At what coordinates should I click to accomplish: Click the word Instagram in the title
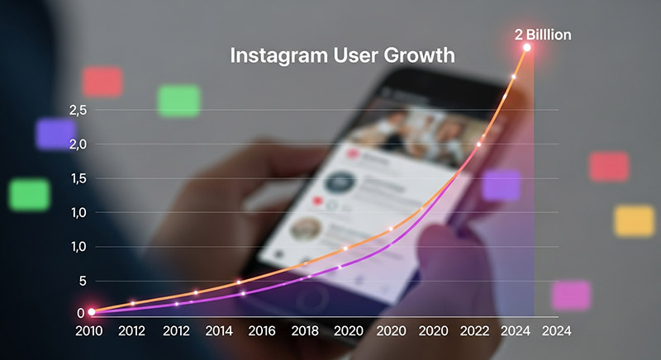[x=278, y=55]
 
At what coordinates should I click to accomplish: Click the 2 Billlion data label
[x=543, y=35]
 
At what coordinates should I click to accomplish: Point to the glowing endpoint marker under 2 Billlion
[x=527, y=48]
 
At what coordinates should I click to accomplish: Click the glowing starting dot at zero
[x=92, y=312]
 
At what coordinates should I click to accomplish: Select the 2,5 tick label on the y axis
[x=78, y=111]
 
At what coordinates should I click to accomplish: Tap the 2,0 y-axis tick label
[x=78, y=144]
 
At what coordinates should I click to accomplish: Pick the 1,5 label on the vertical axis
[x=78, y=178]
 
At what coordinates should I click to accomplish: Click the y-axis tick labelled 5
[x=83, y=281]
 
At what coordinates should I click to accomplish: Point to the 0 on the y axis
[x=80, y=313]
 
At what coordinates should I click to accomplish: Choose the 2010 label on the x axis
[x=89, y=331]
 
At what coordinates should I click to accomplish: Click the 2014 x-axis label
[x=219, y=331]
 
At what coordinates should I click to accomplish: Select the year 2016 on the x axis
[x=262, y=331]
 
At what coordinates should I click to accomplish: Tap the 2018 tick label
[x=305, y=331]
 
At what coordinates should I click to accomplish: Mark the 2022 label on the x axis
[x=474, y=331]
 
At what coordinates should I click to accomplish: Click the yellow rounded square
[x=634, y=221]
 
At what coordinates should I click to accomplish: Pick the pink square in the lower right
[x=572, y=296]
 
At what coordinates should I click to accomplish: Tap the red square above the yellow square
[x=609, y=167]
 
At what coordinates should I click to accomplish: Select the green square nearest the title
[x=178, y=101]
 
